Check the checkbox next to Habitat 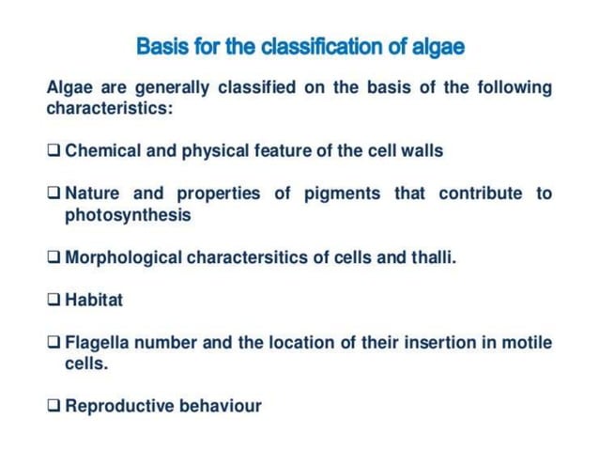(x=54, y=301)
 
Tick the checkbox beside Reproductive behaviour (x=54, y=407)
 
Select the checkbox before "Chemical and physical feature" (x=54, y=150)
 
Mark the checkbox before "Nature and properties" (x=54, y=194)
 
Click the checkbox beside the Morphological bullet (x=54, y=257)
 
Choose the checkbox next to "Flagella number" (x=54, y=343)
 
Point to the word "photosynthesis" (x=127, y=215)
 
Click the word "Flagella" (x=97, y=342)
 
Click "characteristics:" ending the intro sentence (x=110, y=109)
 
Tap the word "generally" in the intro (x=172, y=87)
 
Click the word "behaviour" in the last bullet (x=221, y=406)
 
